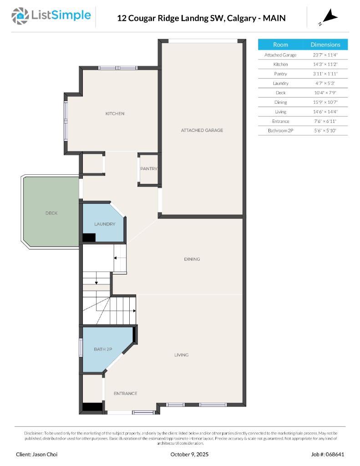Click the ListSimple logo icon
20,16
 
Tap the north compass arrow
330,18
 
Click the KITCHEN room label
115,114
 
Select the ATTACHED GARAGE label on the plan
202,130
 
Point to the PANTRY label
149,169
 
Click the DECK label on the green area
51,213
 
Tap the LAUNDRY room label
105,224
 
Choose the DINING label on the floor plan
192,259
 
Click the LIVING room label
181,355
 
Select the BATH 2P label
103,349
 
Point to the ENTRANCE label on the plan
125,394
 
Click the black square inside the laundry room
88,238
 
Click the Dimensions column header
325,45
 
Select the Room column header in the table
280,45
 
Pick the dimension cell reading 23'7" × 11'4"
325,55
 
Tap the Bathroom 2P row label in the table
280,131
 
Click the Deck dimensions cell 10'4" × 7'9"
325,93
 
